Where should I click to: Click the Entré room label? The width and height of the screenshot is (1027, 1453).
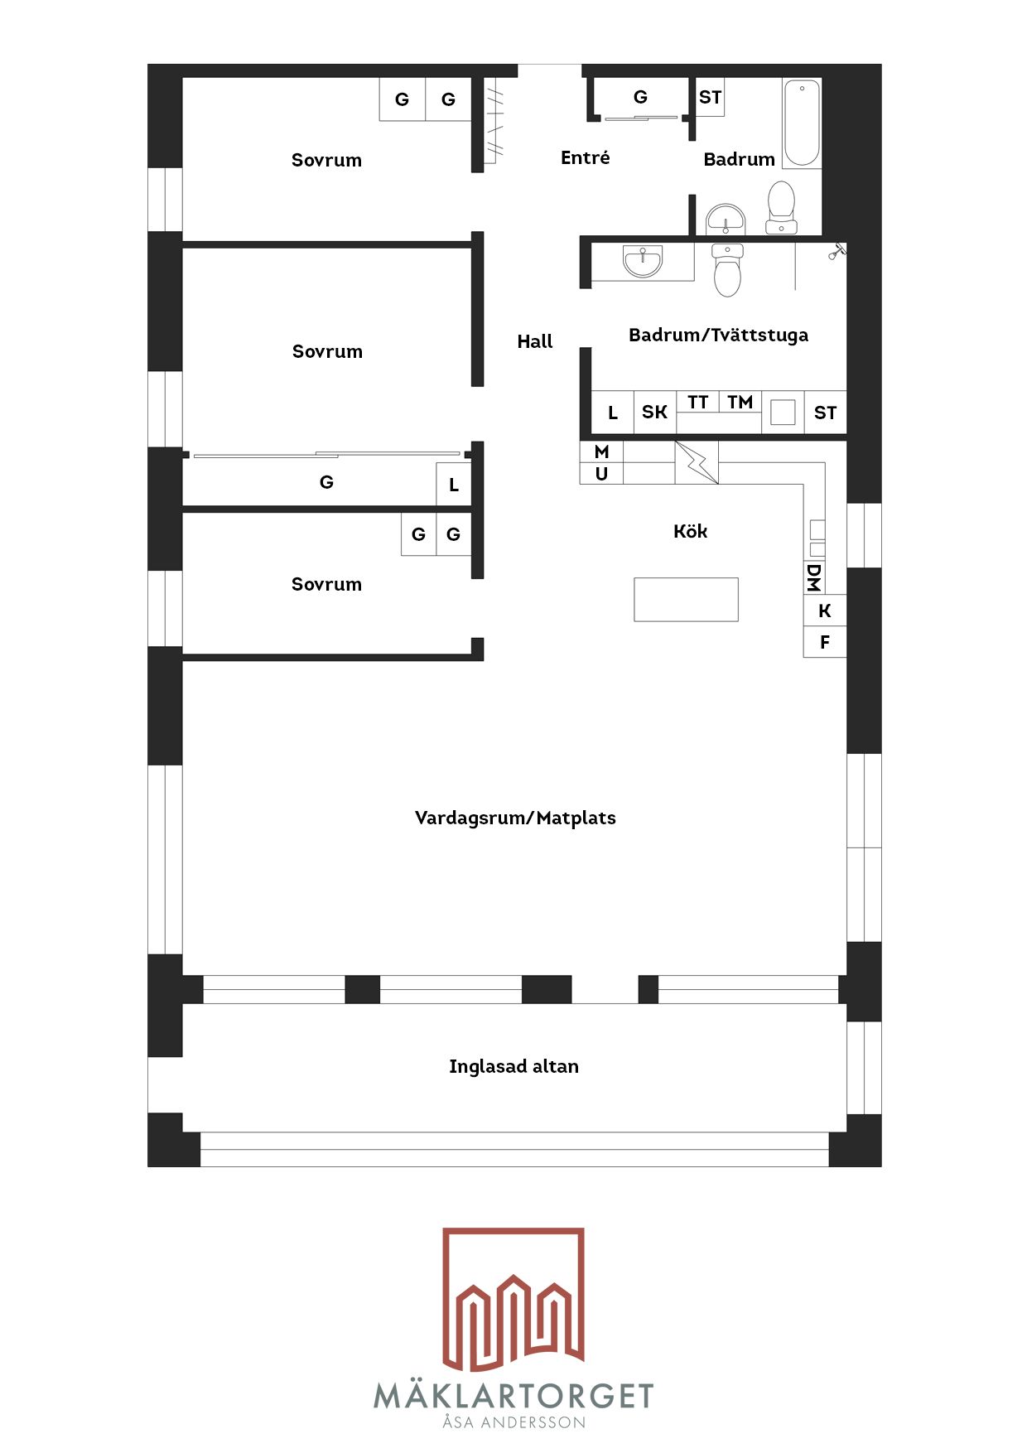585,157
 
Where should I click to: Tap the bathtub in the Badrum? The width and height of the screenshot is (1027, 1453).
802,123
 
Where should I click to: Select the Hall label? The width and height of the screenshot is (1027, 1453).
535,341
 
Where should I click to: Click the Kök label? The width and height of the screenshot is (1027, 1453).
690,531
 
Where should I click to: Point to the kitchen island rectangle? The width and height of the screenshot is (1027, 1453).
686,599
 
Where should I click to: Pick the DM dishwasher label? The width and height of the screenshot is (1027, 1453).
813,577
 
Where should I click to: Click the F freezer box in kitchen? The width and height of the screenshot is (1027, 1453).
825,642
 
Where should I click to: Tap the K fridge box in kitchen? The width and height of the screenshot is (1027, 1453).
825,611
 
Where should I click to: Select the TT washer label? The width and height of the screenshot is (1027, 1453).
698,402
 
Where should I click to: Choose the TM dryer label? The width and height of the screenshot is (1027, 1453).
740,402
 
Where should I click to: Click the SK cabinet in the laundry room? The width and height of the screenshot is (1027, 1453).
655,412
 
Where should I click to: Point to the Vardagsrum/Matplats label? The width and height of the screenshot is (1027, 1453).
515,818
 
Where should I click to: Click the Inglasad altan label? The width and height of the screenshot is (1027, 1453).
513,1066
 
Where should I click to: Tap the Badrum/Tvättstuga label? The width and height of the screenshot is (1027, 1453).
718,335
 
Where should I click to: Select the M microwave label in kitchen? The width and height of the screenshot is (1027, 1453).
602,451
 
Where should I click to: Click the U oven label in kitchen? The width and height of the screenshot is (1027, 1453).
602,474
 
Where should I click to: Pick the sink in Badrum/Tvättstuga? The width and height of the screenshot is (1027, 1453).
643,262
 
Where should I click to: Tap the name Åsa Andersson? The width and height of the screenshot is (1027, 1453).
513,1422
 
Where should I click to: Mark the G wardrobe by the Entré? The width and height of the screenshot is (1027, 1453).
640,98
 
